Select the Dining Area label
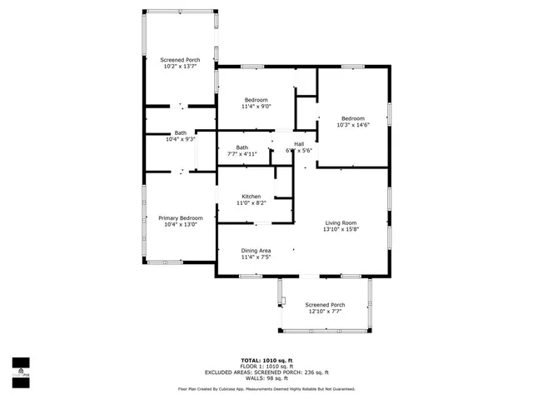tap(256, 251)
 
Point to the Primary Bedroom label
tap(180, 218)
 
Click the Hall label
tap(298, 143)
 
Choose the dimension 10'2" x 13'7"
tap(180, 67)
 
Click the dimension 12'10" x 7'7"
tap(323, 312)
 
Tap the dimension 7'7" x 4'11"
tap(242, 154)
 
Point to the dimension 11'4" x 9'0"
tap(256, 107)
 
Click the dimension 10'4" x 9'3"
tap(180, 140)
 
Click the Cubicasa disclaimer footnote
tap(266, 388)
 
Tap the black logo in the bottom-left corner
tap(20, 367)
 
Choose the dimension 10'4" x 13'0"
tap(180, 225)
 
